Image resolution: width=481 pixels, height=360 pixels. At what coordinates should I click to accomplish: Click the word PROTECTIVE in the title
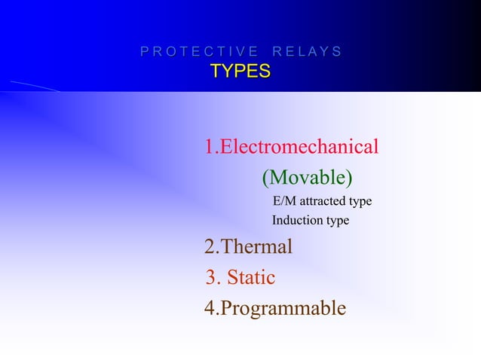[194, 52]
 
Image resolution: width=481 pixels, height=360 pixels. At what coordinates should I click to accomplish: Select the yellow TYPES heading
[240, 72]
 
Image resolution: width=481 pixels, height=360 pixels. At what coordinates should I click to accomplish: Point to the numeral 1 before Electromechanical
[209, 146]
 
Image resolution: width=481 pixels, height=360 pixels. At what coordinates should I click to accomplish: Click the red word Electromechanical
[299, 146]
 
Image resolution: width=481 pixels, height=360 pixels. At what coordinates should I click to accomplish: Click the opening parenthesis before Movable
[265, 178]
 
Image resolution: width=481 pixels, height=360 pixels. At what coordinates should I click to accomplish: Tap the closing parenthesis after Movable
[349, 178]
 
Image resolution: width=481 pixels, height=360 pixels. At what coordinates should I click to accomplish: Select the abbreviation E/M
[285, 202]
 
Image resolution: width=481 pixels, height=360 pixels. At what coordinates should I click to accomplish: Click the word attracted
[323, 202]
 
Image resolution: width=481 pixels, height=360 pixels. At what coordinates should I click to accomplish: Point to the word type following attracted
[360, 203]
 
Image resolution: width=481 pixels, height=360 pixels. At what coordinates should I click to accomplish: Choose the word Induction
[296, 221]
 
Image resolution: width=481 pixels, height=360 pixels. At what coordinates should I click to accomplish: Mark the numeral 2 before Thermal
[210, 247]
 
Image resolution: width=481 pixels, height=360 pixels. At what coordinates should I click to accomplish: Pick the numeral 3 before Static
[211, 279]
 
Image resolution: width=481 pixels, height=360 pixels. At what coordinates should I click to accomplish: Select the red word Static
[251, 279]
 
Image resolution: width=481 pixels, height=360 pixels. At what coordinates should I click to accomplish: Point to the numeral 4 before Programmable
[210, 309]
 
